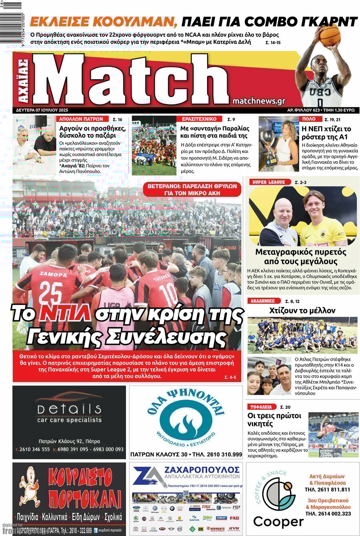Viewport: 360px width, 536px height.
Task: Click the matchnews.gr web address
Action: (258, 101)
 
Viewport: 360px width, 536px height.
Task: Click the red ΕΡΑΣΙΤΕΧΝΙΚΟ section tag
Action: (199, 119)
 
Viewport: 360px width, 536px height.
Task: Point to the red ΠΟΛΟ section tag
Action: (309, 119)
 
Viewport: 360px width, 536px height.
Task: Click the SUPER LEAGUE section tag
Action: (268, 182)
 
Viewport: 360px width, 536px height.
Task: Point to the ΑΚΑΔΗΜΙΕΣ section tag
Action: (262, 301)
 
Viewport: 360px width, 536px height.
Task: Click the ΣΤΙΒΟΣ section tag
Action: (261, 406)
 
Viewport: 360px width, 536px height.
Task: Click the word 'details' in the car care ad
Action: (69, 408)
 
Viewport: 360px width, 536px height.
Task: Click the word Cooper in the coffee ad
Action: (278, 522)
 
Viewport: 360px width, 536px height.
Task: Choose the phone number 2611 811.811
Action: (327, 489)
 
